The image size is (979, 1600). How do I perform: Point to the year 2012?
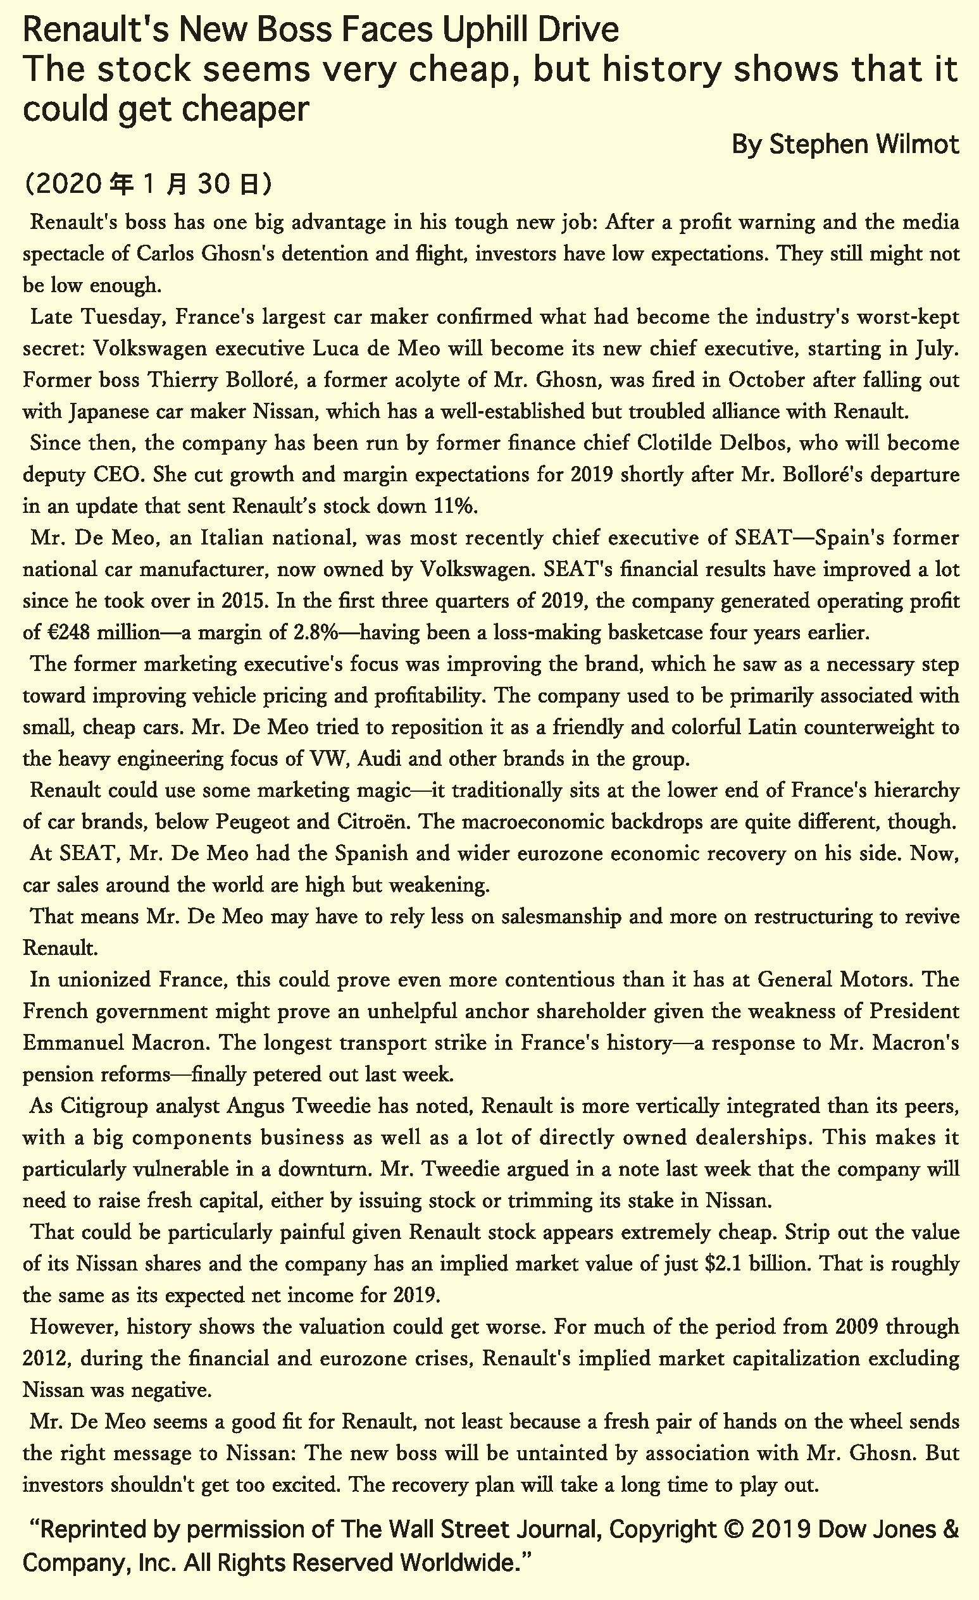[45, 1358]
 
